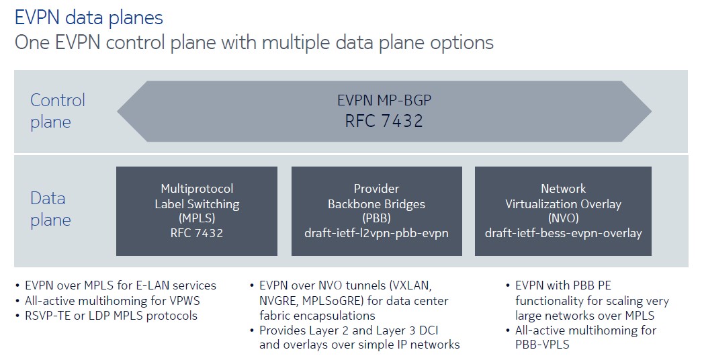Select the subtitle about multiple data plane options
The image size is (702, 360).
(x=254, y=43)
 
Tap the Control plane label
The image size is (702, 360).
(x=58, y=111)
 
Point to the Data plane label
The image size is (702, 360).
(x=50, y=209)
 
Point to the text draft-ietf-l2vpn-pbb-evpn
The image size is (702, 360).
(x=376, y=234)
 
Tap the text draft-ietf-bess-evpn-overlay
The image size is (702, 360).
(x=563, y=234)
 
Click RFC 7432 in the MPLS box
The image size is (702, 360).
(x=196, y=234)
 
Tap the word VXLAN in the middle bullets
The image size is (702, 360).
(x=409, y=285)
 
